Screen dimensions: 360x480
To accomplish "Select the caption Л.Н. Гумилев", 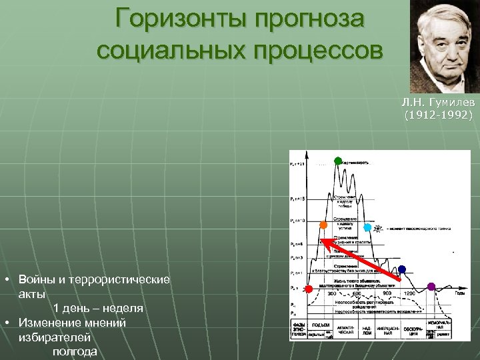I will pyautogui.click(x=438, y=104).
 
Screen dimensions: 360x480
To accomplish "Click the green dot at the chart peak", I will pyautogui.click(x=338, y=161).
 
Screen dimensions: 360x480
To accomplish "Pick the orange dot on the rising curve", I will pyautogui.click(x=323, y=225).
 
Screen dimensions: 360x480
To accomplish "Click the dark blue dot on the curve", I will pyautogui.click(x=401, y=269).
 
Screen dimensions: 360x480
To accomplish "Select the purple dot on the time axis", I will pyautogui.click(x=431, y=287).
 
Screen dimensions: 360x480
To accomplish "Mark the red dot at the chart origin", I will pyautogui.click(x=308, y=289).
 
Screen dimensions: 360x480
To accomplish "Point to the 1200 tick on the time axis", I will pyautogui.click(x=409, y=293).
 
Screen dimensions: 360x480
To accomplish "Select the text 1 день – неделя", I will pyautogui.click(x=98, y=308).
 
